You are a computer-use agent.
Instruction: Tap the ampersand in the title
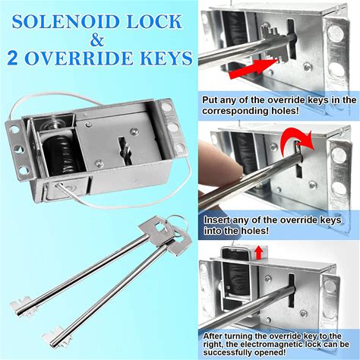click(x=97, y=39)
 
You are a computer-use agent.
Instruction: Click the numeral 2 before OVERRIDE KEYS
click(x=13, y=58)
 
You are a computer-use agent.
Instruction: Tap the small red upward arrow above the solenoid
click(x=258, y=252)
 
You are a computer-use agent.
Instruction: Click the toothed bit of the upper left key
click(x=21, y=305)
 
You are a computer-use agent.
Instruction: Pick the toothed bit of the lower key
click(x=54, y=336)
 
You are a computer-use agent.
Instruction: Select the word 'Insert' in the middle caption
click(x=217, y=219)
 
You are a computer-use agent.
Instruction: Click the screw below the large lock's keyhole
click(x=99, y=163)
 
